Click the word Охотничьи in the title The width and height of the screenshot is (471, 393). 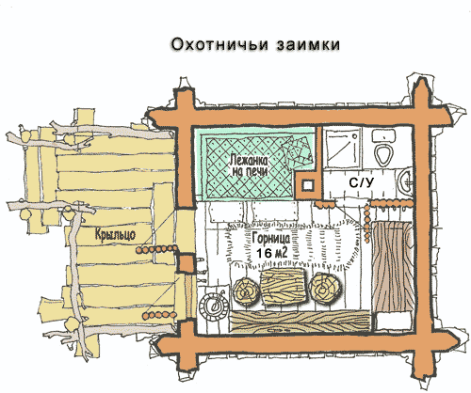coord(219,44)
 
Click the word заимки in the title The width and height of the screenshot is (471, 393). coord(308,44)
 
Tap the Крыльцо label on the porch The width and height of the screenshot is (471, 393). coord(115,234)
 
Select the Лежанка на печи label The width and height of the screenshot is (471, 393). coord(249,166)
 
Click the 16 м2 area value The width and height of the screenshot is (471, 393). coord(272,253)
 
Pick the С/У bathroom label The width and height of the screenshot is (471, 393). coord(362,182)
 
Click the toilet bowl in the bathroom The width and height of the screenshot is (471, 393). coord(383,155)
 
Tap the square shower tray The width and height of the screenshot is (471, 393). coord(343,148)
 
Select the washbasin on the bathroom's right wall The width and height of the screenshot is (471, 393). coord(405,183)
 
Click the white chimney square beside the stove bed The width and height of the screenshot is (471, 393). coord(308,185)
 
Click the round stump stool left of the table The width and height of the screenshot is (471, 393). coord(247,291)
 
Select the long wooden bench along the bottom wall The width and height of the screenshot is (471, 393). coord(300,322)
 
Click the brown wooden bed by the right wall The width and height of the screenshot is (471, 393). coord(392,267)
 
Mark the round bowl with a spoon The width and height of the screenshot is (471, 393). coord(214,306)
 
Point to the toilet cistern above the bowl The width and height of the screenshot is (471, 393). coord(383,135)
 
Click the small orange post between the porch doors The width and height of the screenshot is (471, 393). coord(187,262)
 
